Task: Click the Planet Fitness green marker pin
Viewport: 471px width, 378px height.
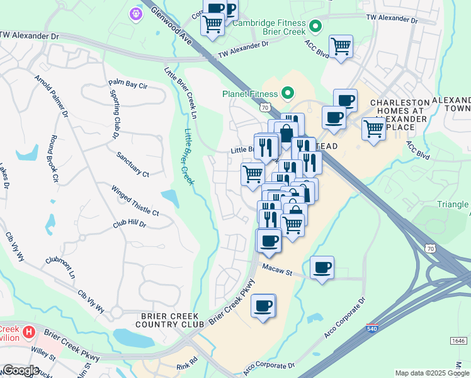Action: [288, 94]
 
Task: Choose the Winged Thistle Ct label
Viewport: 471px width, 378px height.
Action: [135, 200]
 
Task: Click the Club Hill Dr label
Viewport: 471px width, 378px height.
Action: [130, 224]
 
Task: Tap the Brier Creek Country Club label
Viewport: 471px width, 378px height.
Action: [169, 320]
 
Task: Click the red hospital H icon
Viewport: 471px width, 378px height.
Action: [28, 331]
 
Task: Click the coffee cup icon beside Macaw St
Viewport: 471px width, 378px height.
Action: [322, 268]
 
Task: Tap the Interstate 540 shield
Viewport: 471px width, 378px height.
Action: [372, 329]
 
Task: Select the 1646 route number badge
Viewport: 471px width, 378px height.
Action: [458, 341]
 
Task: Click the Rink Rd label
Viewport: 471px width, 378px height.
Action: [186, 364]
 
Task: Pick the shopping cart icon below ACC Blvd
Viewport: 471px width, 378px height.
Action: [341, 46]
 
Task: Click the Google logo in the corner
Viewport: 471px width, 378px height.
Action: [20, 370]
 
